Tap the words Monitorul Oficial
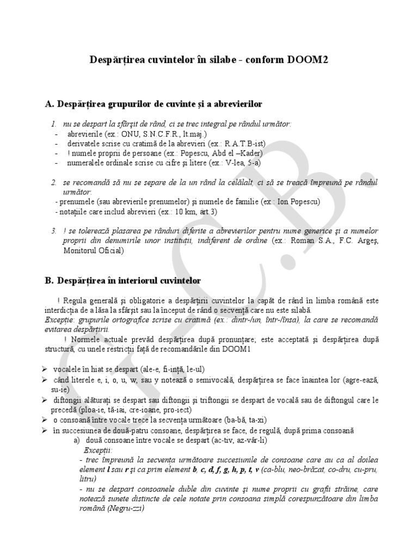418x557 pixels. [x=93, y=251]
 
